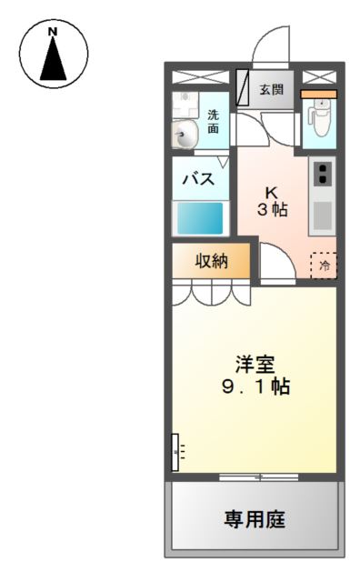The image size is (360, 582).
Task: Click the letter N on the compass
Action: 53,32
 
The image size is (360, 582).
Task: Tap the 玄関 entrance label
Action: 271,89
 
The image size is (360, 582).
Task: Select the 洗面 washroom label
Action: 213,122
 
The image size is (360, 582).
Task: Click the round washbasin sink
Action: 185,136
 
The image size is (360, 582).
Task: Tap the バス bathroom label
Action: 200,179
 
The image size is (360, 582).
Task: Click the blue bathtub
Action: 200,218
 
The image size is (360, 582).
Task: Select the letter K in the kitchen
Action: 270,193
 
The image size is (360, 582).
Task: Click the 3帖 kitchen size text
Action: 271,210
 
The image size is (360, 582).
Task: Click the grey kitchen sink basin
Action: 322,215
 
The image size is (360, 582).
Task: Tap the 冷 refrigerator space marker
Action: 323,266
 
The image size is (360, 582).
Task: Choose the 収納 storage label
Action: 211,262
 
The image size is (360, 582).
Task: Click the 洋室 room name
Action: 255,364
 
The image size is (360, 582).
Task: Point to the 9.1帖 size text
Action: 255,386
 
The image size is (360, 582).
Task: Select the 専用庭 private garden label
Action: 255,520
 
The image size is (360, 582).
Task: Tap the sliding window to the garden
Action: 258,476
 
